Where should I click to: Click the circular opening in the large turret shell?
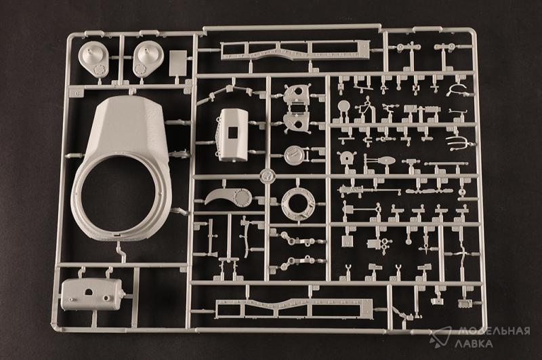pyautogui.click(x=118, y=195)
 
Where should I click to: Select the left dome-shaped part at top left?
pyautogui.click(x=93, y=59)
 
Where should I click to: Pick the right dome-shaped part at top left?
pyautogui.click(x=148, y=58)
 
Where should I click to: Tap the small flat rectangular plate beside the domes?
pyautogui.click(x=178, y=63)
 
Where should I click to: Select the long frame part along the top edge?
pyautogui.click(x=295, y=50)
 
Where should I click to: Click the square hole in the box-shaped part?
pyautogui.click(x=234, y=133)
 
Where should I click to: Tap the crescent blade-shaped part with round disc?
pyautogui.click(x=228, y=197)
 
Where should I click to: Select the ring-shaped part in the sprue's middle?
pyautogui.click(x=297, y=204)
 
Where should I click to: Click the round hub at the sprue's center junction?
pyautogui.click(x=267, y=176)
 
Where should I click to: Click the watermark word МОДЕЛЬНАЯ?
pyautogui.click(x=494, y=331)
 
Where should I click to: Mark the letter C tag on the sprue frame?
pyautogui.click(x=75, y=93)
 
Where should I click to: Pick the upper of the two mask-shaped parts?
pyautogui.click(x=296, y=94)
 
